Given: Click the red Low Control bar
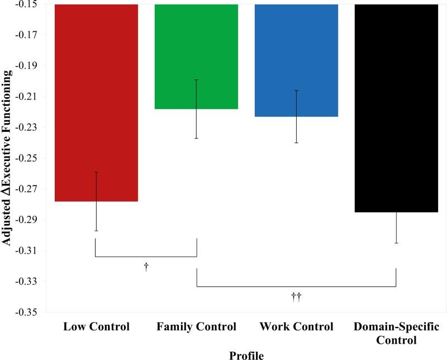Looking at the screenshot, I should tap(96, 101).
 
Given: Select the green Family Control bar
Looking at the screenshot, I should tap(197, 56).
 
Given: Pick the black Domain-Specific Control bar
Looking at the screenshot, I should tap(396, 106).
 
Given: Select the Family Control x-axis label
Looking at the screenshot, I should tap(197, 326).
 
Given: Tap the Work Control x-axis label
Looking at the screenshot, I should tap(296, 326).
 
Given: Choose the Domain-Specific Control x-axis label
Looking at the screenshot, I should tap(396, 333).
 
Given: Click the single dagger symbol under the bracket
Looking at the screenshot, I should tap(146, 267).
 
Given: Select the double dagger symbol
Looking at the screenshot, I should tap(296, 297).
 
